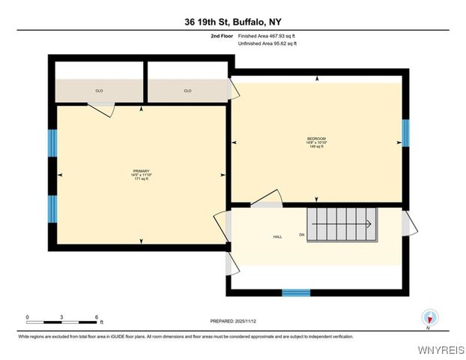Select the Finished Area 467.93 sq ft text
(x=267, y=35)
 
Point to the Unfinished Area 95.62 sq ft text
(x=267, y=43)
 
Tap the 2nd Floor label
(x=222, y=35)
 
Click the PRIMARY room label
(x=142, y=171)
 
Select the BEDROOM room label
(x=316, y=138)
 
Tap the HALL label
(x=276, y=236)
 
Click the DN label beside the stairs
(x=302, y=235)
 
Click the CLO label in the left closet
(x=99, y=91)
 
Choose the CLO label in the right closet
(x=187, y=91)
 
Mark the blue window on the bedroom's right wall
(x=405, y=132)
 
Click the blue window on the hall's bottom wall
(x=296, y=292)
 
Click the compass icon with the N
(x=429, y=318)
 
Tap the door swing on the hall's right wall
(x=406, y=223)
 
